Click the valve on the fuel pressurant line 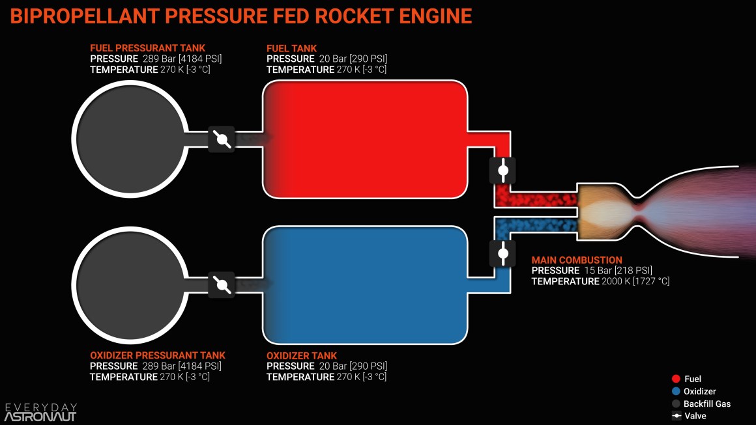[222, 139]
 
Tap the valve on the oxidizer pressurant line [222, 285]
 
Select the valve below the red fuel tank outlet [502, 171]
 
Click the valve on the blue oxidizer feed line [502, 253]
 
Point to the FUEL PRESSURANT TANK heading [147, 48]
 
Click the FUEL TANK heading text [292, 48]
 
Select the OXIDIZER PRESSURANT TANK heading [157, 355]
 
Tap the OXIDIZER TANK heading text [302, 355]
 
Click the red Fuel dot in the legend [676, 379]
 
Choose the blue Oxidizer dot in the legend [676, 391]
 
